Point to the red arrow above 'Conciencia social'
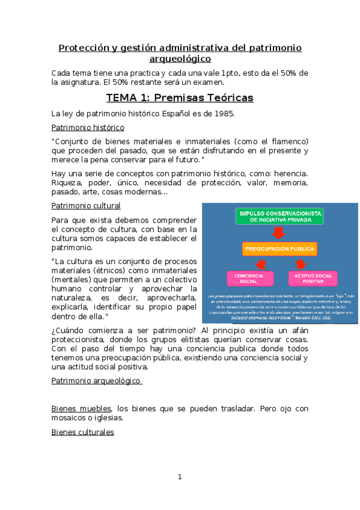click(261, 263)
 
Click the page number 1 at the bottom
click(180, 477)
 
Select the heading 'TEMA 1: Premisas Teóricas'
click(180, 98)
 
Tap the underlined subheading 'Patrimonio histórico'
click(88, 127)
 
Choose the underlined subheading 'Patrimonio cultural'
click(86, 206)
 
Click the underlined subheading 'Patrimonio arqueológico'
click(96, 381)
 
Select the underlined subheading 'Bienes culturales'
click(83, 432)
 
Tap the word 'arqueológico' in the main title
click(180, 59)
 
